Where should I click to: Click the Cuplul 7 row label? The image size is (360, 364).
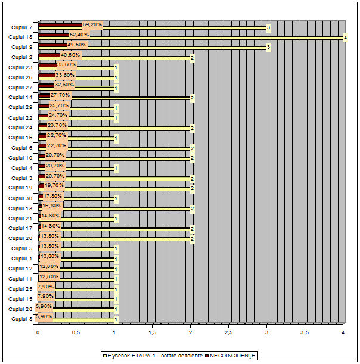click(x=21, y=27)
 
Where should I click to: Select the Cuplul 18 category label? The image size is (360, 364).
click(x=20, y=37)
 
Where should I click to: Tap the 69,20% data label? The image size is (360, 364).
click(x=92, y=24)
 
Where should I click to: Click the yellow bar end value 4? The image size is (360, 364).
click(x=345, y=38)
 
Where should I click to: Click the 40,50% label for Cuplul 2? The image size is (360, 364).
click(x=71, y=55)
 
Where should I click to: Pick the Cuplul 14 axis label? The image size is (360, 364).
click(x=20, y=97)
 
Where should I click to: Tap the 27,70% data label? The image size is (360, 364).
click(x=60, y=95)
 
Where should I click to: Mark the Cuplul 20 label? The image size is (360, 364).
click(x=20, y=238)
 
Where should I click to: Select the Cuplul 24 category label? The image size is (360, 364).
click(x=20, y=127)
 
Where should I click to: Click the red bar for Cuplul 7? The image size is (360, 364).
click(x=60, y=25)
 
